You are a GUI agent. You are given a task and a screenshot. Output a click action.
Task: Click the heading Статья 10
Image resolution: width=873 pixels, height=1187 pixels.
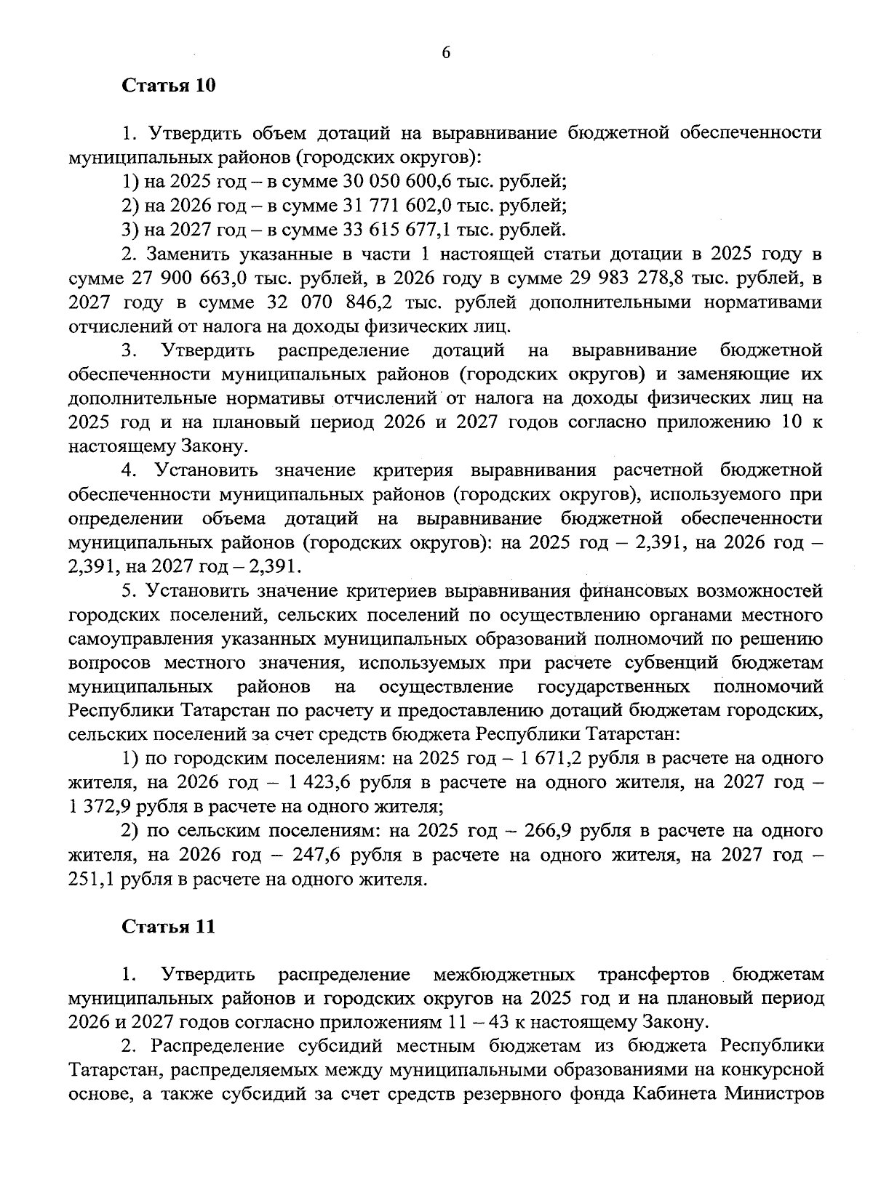click(168, 86)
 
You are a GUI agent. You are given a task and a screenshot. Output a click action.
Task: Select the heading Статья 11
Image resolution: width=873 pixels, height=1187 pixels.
click(168, 927)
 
